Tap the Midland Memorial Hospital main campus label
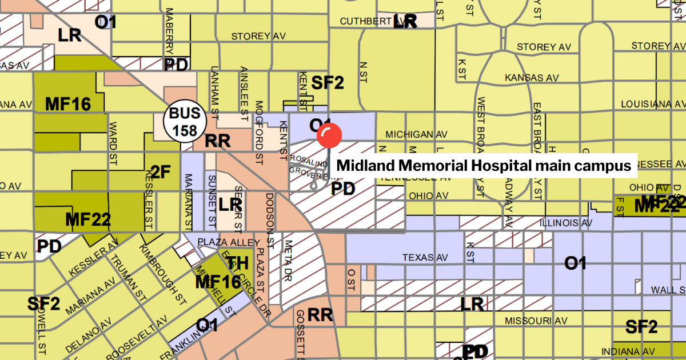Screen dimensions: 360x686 [x=486, y=166]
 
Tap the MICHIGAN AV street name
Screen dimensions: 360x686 [x=416, y=134]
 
